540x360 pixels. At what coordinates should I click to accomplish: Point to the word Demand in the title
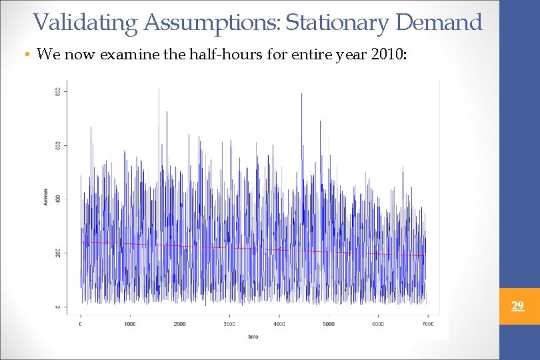pyautogui.click(x=439, y=23)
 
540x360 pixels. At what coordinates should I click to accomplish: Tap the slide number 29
pyautogui.click(x=517, y=306)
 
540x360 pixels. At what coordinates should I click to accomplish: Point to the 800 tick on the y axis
pyautogui.click(x=58, y=91)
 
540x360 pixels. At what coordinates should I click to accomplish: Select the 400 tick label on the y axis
pyautogui.click(x=58, y=199)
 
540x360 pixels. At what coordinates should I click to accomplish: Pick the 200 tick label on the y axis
pyautogui.click(x=58, y=253)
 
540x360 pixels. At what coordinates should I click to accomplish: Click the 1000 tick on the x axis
pyautogui.click(x=130, y=324)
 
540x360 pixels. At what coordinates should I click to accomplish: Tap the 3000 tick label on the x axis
pyautogui.click(x=229, y=324)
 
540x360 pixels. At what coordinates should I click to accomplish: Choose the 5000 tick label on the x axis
pyautogui.click(x=328, y=324)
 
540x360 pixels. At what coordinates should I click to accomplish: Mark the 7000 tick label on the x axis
pyautogui.click(x=427, y=324)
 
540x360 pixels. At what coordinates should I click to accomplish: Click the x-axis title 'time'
pyautogui.click(x=253, y=336)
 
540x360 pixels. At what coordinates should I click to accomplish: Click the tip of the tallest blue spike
pyautogui.click(x=159, y=89)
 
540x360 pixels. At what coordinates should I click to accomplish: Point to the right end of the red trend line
pyautogui.click(x=425, y=255)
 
